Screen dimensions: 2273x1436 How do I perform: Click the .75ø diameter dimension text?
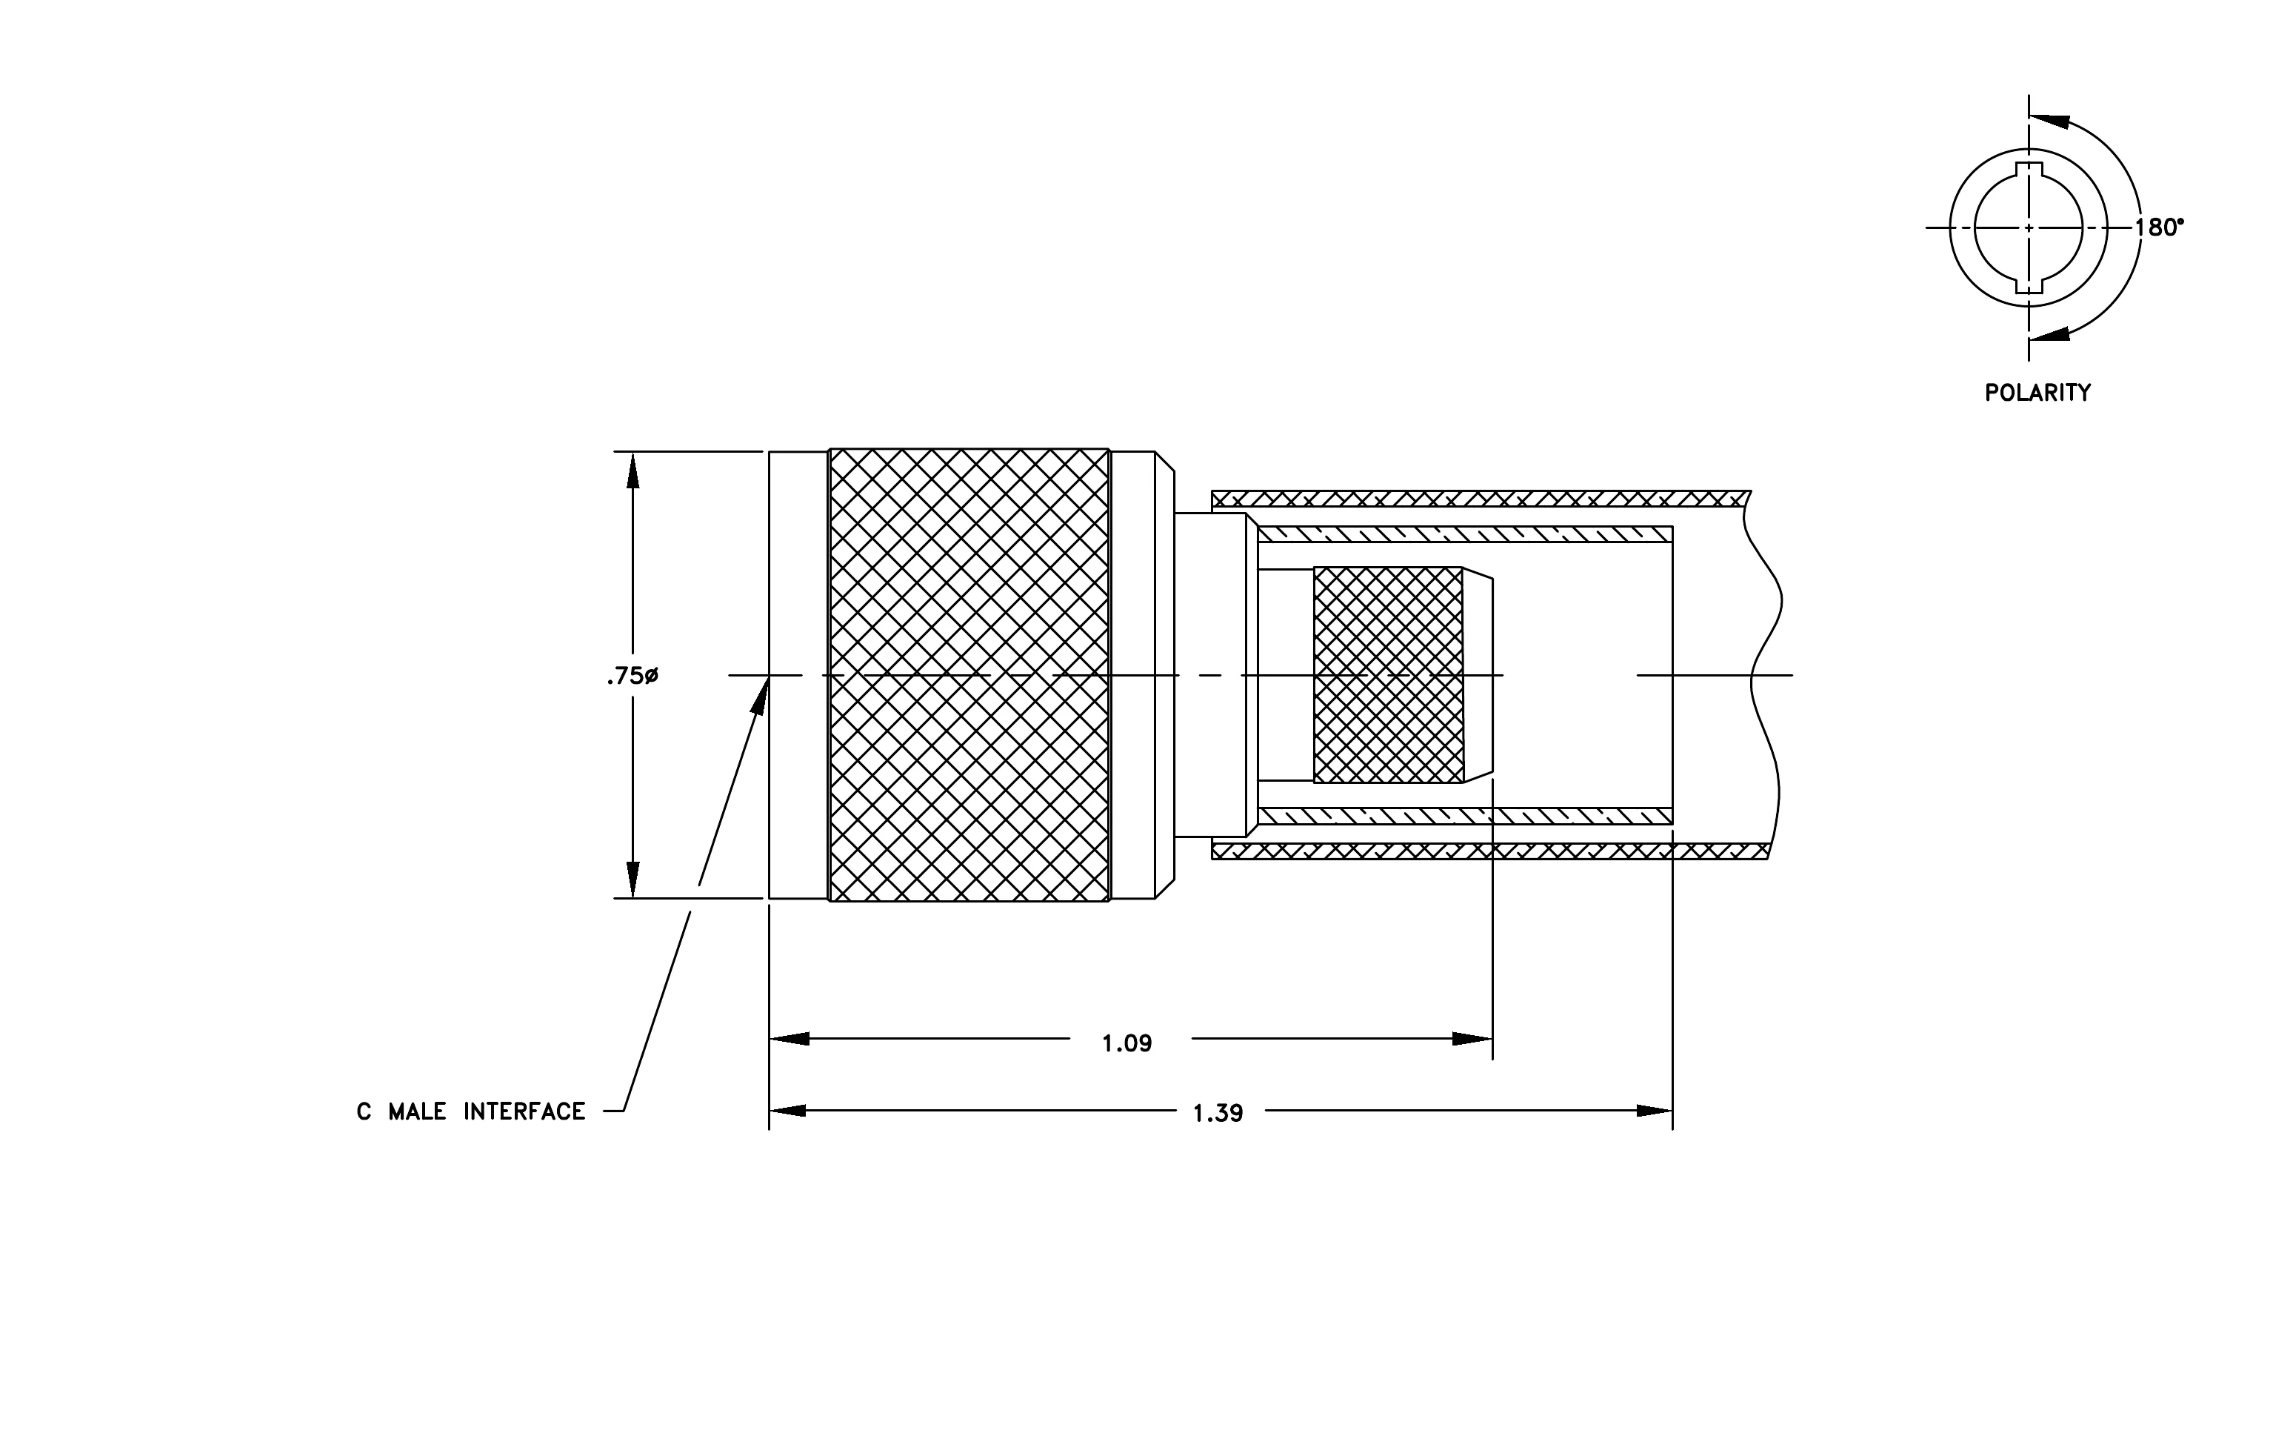click(632, 676)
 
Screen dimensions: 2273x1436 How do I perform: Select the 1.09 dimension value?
click(1127, 1043)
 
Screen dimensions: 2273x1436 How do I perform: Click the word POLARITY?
click(2037, 393)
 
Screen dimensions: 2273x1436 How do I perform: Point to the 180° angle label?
click(2159, 227)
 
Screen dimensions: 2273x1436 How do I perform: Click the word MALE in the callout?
click(417, 1112)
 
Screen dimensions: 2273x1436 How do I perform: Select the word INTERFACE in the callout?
click(524, 1112)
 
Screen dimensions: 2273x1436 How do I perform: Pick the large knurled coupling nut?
click(969, 675)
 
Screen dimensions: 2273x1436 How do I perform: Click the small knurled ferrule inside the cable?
click(1388, 675)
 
